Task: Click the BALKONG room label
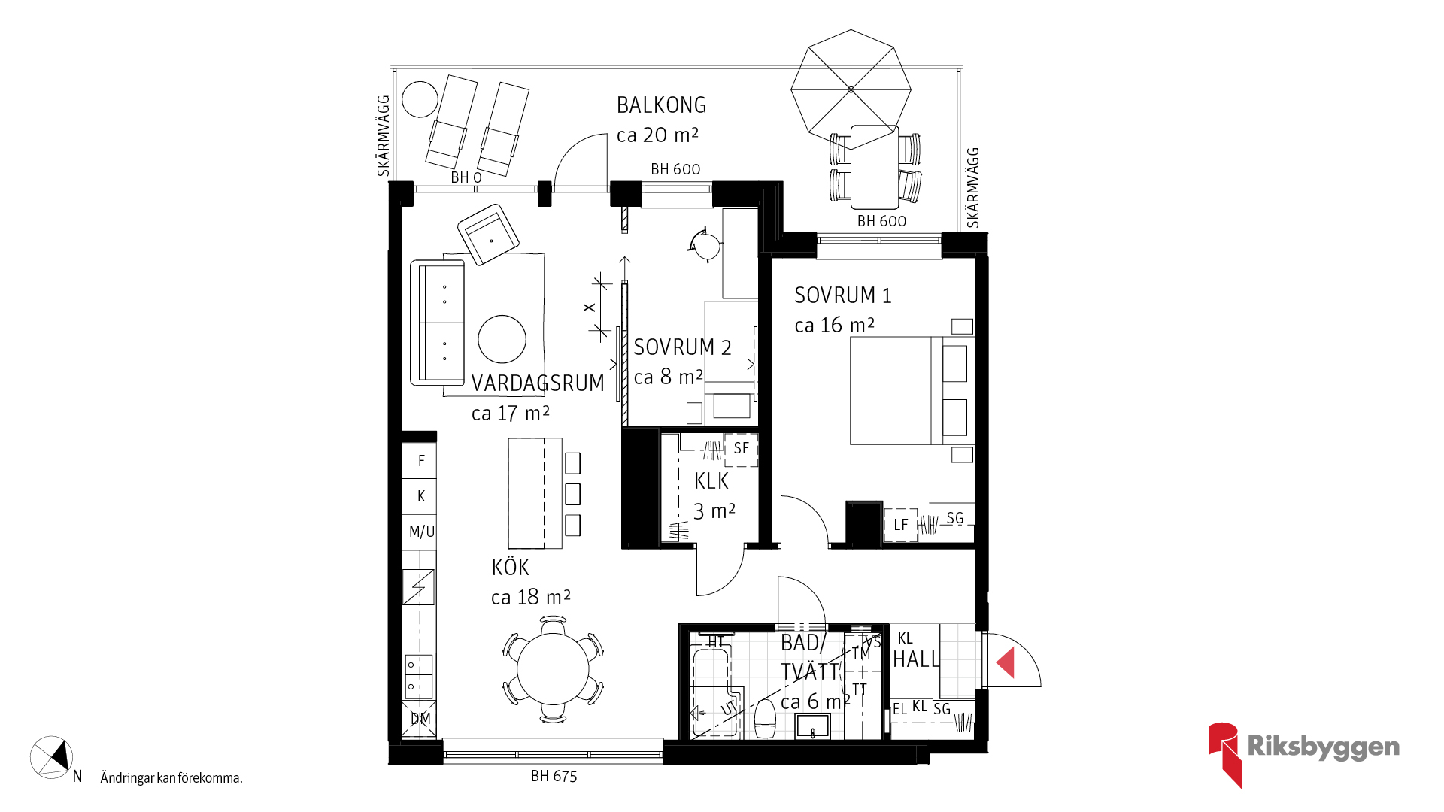661,105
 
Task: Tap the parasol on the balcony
851,89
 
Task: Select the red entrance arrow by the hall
1006,662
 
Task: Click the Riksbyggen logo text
1323,747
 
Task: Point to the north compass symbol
51,757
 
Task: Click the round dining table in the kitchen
553,669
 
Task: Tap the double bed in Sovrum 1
912,390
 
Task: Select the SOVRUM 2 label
682,347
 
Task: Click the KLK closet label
711,481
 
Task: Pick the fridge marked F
419,460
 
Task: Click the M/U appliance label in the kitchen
422,532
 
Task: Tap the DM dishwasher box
420,719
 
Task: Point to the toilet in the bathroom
766,719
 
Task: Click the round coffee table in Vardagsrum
502,339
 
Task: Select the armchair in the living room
488,234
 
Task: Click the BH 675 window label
554,777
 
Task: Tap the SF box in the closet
741,450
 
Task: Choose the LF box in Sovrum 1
900,525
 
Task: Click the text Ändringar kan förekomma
171,778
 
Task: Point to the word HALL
916,659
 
